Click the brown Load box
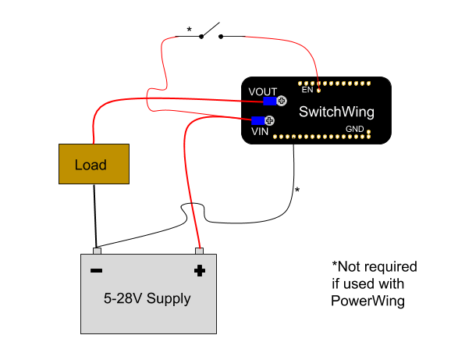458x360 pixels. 94,165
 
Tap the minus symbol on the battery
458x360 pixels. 96,271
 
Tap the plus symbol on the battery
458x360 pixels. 199,271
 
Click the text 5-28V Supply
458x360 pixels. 147,298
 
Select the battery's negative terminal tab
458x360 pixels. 97,251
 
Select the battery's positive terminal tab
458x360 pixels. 199,251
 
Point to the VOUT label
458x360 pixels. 262,92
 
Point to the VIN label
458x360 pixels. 260,132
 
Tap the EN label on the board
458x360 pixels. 307,90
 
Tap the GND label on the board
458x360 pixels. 354,129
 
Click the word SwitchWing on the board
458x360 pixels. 336,112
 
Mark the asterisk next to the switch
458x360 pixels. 189,30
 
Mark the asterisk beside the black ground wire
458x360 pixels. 297,190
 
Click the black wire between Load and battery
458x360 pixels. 95,215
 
